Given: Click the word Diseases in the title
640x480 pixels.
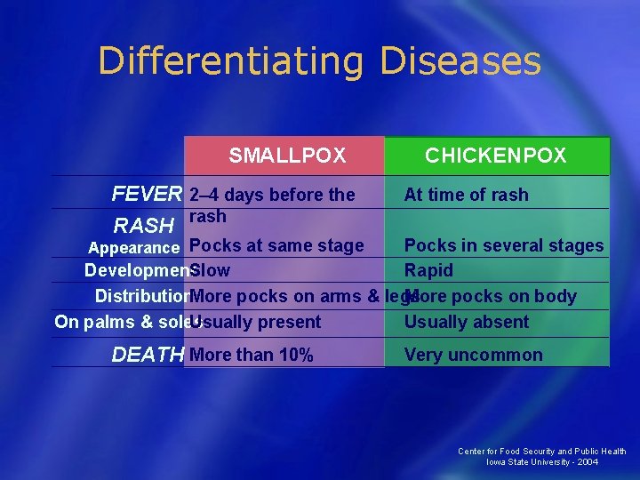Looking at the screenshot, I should (x=460, y=62).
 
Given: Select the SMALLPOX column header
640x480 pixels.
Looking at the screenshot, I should (x=287, y=156).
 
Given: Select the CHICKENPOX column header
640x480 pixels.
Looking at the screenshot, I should (x=495, y=156).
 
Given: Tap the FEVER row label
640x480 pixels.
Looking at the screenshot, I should (x=147, y=195).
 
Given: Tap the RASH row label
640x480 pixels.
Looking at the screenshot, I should (x=143, y=227).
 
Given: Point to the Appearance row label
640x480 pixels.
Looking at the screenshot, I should (x=133, y=247).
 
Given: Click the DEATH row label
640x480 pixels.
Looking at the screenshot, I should (x=147, y=356).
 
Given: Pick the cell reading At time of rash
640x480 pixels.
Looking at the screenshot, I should (x=466, y=195).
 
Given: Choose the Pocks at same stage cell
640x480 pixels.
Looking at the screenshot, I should (x=276, y=245).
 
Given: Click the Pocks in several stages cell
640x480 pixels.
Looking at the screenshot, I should (x=504, y=245).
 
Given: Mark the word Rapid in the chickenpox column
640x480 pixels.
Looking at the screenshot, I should (x=428, y=270).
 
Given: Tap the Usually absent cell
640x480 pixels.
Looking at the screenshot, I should (x=467, y=322).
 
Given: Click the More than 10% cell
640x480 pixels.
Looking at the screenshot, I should (x=252, y=356).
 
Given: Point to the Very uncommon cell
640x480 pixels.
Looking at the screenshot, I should (x=473, y=356).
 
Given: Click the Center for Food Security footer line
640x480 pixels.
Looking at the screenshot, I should (x=542, y=452).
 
